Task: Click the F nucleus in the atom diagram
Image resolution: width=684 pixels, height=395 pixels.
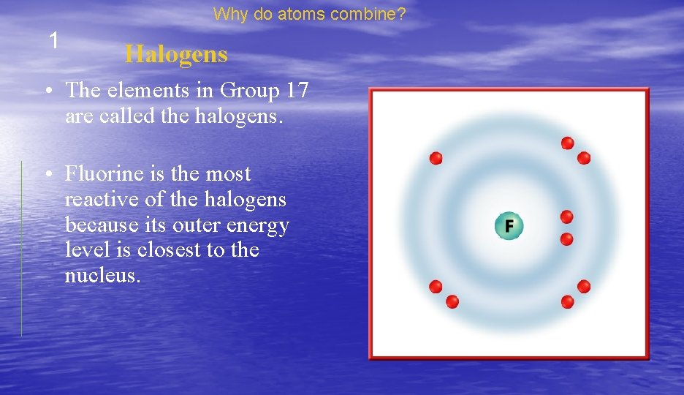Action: coord(509,225)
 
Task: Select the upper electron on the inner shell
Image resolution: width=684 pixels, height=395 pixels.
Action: coord(566,217)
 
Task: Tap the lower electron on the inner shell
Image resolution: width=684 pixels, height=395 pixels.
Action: coord(566,238)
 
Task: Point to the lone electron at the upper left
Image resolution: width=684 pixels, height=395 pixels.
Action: coord(436,158)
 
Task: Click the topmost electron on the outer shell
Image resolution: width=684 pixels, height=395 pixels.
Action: coord(567,143)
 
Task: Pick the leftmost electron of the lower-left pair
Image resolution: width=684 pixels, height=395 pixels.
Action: coord(436,286)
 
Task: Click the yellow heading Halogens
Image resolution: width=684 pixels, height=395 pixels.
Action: coord(176,54)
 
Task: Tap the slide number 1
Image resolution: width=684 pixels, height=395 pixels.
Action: coord(53,41)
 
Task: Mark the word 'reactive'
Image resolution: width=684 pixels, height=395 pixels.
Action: coord(95,200)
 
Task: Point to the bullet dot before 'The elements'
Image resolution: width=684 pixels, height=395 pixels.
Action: coord(47,92)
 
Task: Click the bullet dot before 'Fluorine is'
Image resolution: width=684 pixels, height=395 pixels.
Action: coord(47,176)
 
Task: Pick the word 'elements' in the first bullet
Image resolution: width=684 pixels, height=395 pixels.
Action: coord(140,91)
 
